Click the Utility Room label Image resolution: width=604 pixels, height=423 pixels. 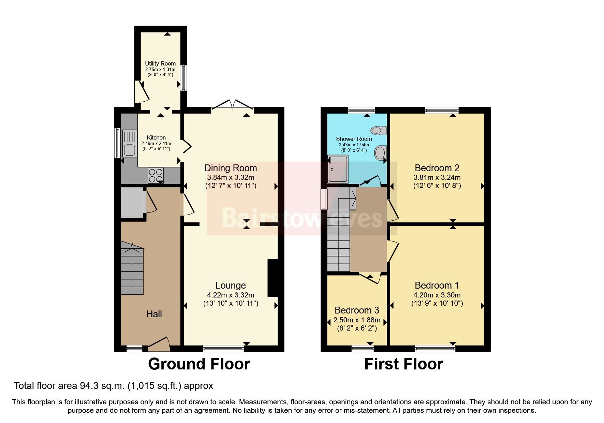coord(160,63)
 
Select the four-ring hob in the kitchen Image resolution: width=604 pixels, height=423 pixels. coord(156,175)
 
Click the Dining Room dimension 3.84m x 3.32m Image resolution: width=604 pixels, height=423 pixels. coord(231,177)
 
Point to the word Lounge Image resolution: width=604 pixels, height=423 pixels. coord(231,286)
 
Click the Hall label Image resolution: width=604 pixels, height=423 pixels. coord(154,314)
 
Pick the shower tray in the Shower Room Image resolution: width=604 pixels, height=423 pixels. coord(338,169)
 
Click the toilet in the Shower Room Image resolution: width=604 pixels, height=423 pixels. coord(379,130)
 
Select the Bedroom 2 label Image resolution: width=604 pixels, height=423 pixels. coord(437,168)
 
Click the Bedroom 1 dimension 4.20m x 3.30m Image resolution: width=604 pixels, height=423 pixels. coord(437,295)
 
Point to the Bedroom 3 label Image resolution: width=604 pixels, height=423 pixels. coord(357,310)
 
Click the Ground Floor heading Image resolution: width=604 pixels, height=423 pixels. coord(199,364)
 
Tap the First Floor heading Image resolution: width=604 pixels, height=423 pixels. coord(403,364)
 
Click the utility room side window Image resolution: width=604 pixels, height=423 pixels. coord(183,78)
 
